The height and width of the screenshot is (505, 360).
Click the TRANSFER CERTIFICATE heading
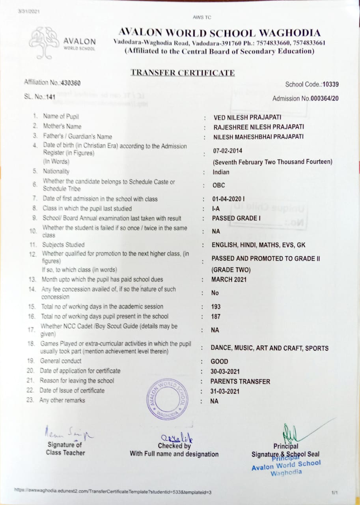click(x=183, y=73)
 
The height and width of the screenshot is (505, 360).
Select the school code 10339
click(x=330, y=84)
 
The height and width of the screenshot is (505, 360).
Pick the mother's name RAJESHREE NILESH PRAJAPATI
click(x=259, y=127)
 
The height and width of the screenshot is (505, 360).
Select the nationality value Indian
click(x=221, y=172)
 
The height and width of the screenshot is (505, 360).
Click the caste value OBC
click(x=219, y=185)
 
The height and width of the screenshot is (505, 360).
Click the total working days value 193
click(x=216, y=307)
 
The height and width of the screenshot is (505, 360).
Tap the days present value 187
click(x=216, y=316)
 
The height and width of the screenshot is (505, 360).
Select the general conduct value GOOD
click(x=220, y=361)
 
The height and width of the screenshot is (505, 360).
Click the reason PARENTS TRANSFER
click(x=241, y=382)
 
